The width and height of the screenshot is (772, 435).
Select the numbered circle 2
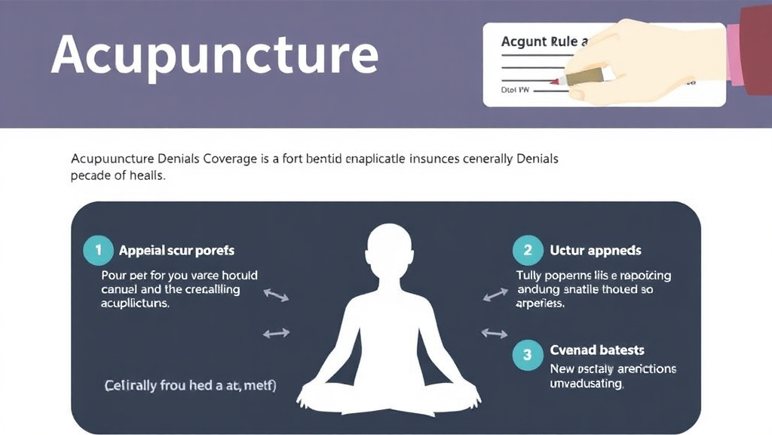(527, 250)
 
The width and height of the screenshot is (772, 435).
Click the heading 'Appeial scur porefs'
(176, 250)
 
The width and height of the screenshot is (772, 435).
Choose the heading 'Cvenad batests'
(596, 350)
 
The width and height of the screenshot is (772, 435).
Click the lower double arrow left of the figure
(276, 332)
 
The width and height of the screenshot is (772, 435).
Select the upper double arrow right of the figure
(495, 294)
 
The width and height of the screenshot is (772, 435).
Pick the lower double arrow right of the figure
(495, 332)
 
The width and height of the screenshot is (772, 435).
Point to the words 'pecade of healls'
(118, 176)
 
